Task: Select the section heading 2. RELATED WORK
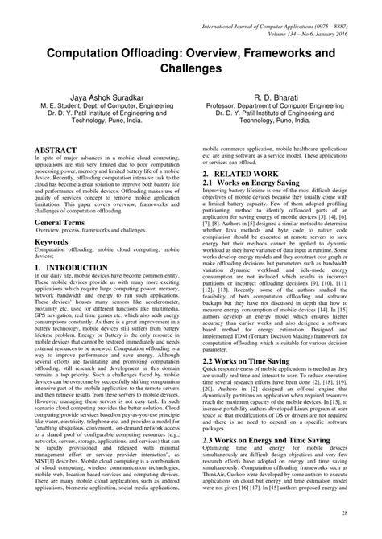(x=240, y=174)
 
